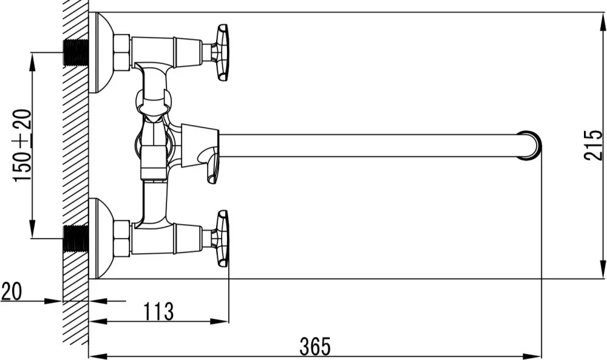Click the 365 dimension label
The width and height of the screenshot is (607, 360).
pos(315,347)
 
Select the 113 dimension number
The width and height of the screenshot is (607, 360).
pos(158,311)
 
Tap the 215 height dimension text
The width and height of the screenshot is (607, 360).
pos(594,145)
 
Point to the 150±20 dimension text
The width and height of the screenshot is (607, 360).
pos(22,145)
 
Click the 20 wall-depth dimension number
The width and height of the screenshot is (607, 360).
pos(12,291)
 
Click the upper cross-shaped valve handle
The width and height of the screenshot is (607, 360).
pos(222,52)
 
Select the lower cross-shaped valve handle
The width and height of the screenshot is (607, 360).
pos(222,239)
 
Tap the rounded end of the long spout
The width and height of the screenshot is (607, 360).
pos(529,145)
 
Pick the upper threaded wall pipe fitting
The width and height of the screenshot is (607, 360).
pos(75,52)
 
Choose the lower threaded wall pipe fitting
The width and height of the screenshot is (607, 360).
pos(75,239)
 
